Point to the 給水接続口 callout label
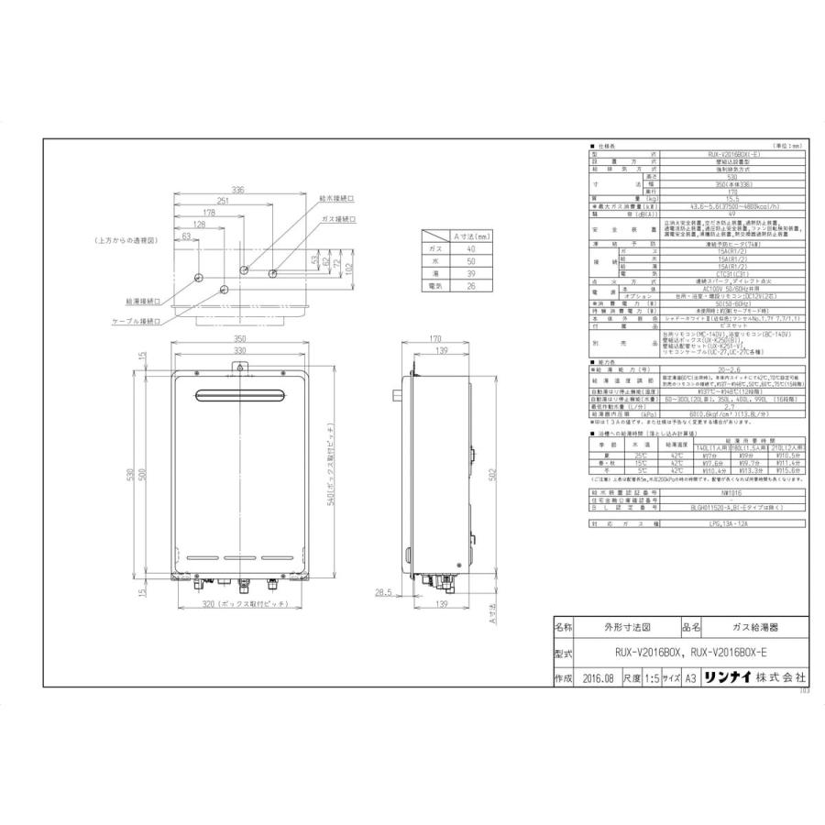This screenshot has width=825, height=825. point(337,197)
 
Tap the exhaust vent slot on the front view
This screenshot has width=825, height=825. point(239,396)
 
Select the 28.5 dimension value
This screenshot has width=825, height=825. point(383,592)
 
